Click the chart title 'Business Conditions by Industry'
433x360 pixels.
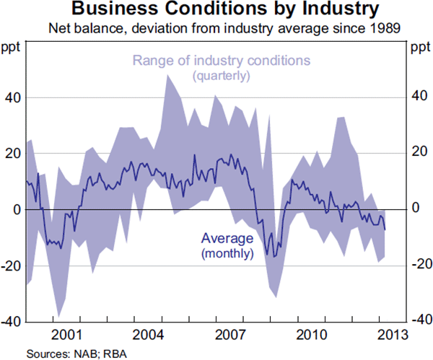216,11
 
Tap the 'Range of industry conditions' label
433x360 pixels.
220,61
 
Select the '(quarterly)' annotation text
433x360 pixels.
220,76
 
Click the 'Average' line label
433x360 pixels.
227,239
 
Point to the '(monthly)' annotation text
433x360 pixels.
227,253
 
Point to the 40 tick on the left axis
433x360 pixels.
12,98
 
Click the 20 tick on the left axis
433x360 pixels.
12,154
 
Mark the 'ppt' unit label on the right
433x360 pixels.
419,48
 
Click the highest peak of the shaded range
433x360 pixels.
168,74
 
